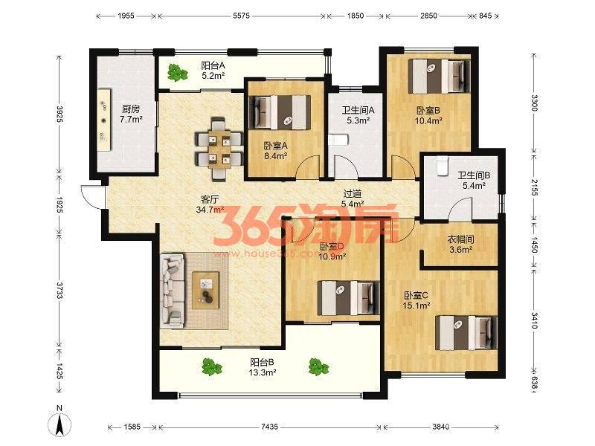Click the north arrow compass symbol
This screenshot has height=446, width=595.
pos(59,421)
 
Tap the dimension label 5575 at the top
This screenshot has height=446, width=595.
pos(241,16)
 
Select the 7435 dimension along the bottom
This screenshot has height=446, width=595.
pos(269,427)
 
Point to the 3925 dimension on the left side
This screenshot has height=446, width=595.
pos(59,114)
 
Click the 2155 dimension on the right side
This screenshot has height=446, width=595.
pos(534,187)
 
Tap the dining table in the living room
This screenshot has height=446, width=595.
pos(219,149)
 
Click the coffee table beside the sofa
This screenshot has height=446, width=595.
pos(206,290)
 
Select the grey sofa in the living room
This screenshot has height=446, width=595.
pos(173,291)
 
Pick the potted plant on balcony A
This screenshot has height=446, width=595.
pos(177,72)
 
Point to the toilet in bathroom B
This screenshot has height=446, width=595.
pos(442,167)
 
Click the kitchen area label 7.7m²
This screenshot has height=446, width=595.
pos(131,120)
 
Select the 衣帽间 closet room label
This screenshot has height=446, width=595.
pos(460,239)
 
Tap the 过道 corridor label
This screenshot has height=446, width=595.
pos(352,194)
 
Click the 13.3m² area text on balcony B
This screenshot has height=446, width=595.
pos(263,372)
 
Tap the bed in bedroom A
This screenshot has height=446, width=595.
pos(280,112)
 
